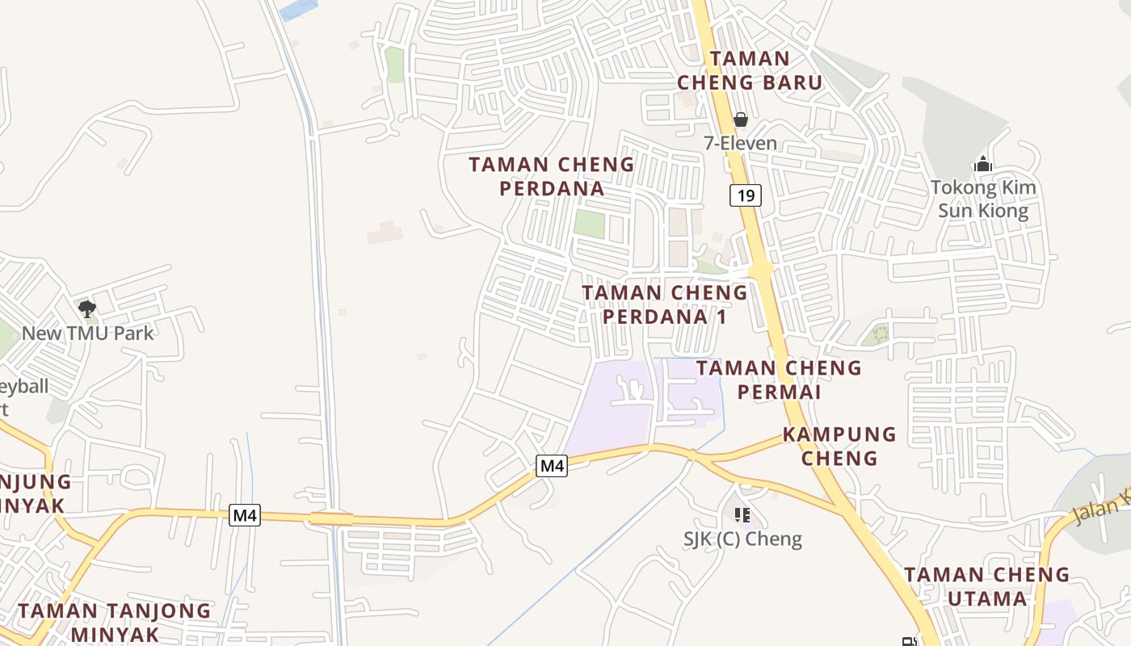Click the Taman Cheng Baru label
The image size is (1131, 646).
coord(749,70)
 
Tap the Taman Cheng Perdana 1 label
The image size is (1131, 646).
coord(664,304)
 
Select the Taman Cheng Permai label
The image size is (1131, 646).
coord(779,380)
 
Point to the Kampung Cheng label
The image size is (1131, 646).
coord(839,446)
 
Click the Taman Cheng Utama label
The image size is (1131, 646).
coord(986,586)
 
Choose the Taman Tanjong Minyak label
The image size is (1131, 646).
coord(114,621)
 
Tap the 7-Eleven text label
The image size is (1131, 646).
coord(740,144)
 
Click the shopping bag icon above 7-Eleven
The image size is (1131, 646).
coord(740,120)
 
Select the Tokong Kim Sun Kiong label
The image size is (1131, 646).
coord(982,199)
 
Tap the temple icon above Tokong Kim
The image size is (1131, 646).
coord(982,164)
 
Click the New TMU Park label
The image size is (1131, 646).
coord(87,333)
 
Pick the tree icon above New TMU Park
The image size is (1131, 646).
coord(87,308)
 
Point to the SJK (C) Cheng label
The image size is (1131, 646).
coord(742,539)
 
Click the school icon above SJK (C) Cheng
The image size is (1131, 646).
coord(742,514)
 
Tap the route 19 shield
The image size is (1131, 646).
coord(746,195)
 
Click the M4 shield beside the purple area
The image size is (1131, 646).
coord(552,466)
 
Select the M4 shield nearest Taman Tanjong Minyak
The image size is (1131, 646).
coord(245,515)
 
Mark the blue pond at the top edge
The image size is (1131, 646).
coord(298,9)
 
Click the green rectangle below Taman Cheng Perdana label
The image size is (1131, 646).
coord(589,224)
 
